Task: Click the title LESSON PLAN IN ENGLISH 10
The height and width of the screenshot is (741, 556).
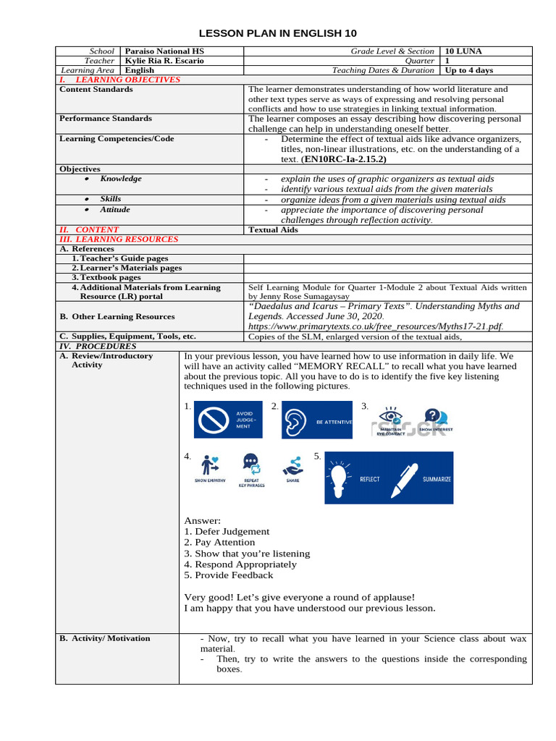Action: (278, 34)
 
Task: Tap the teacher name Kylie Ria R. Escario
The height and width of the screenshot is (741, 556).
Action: (164, 61)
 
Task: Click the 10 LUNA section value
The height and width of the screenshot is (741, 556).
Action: (463, 51)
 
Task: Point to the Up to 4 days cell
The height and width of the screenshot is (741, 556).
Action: (469, 70)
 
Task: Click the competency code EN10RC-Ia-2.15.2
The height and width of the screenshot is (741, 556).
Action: (345, 158)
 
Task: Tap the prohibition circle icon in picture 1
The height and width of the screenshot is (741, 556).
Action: (214, 419)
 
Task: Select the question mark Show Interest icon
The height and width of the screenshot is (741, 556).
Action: (433, 415)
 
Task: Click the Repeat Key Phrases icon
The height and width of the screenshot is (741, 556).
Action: (251, 465)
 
